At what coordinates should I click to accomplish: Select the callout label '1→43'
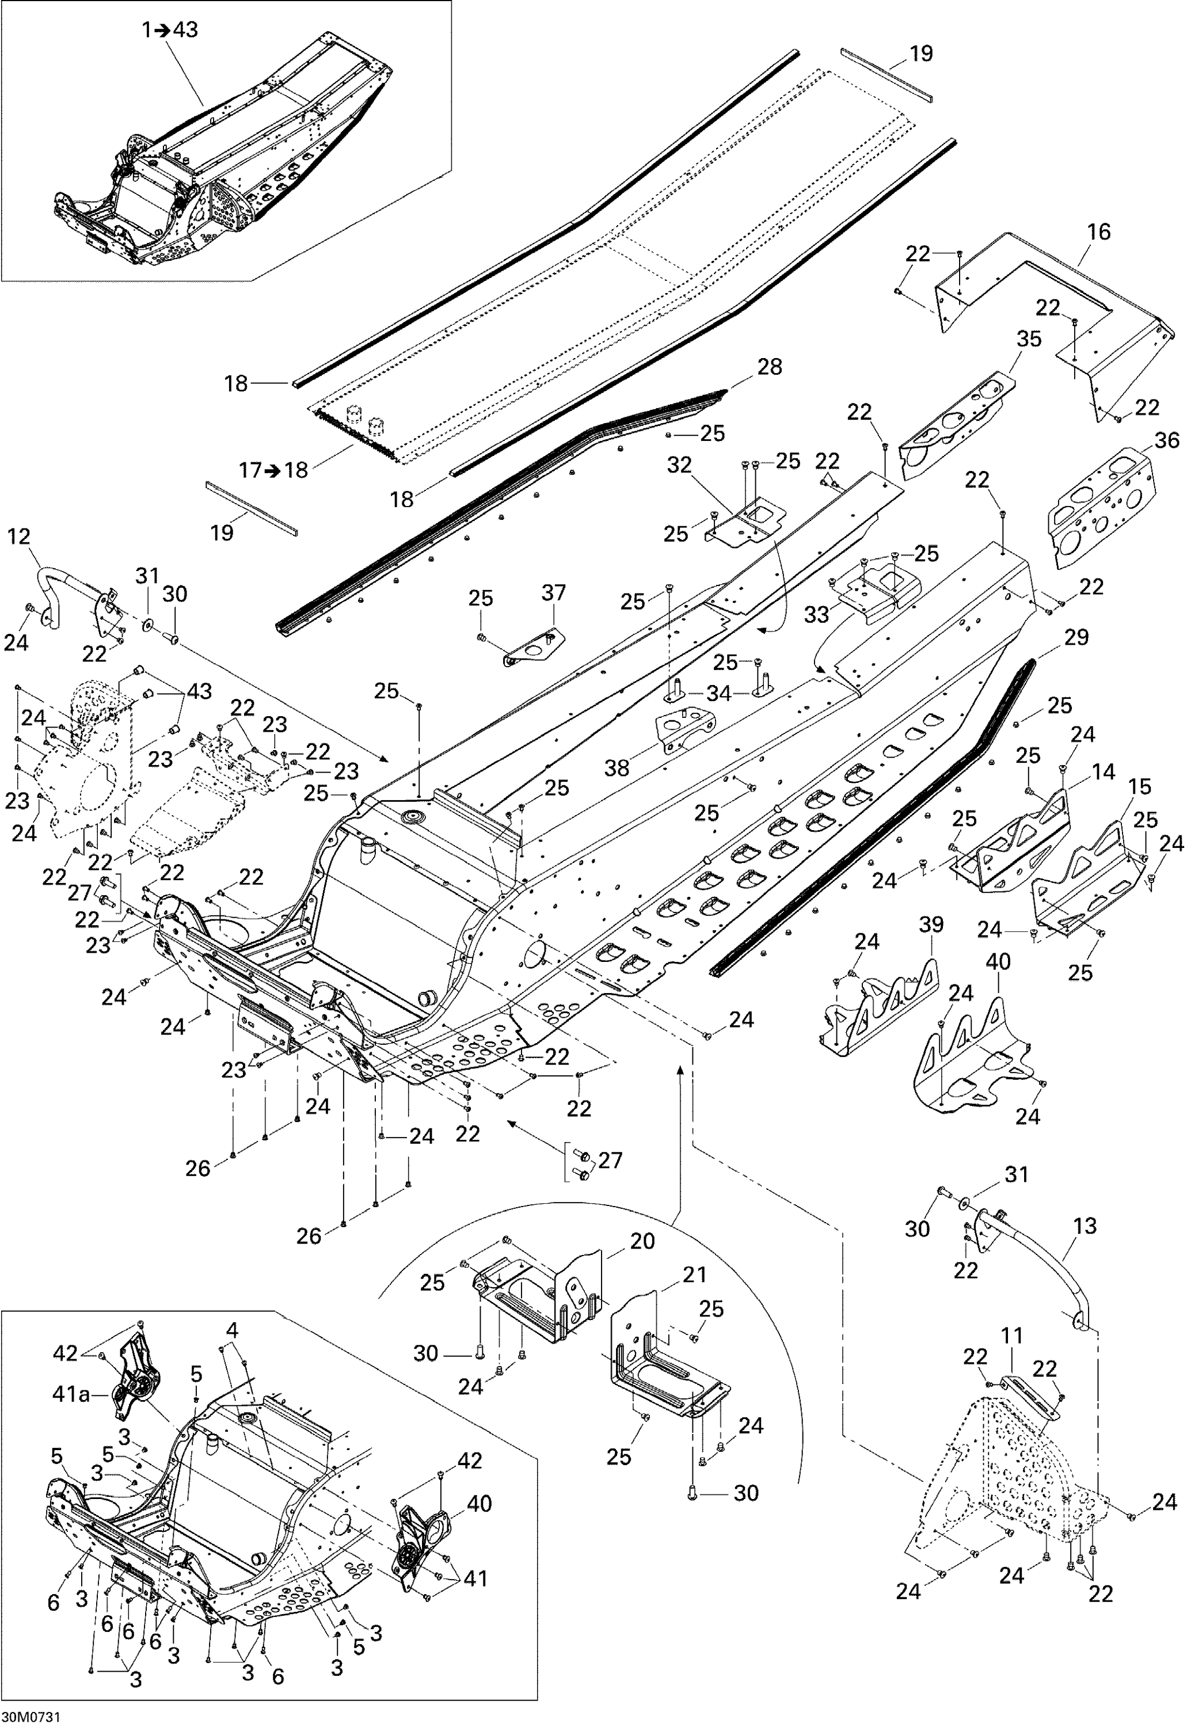coord(170,31)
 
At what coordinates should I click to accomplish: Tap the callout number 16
coord(1098,231)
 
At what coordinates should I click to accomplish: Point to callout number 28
coord(770,367)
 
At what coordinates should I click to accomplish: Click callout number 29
coord(1076,637)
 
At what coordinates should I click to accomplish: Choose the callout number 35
coord(1029,338)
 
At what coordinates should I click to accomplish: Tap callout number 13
coord(1085,1226)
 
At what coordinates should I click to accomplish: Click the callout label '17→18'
coord(273,470)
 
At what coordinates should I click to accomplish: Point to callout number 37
coord(553,593)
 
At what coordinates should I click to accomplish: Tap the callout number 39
coord(931,925)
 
